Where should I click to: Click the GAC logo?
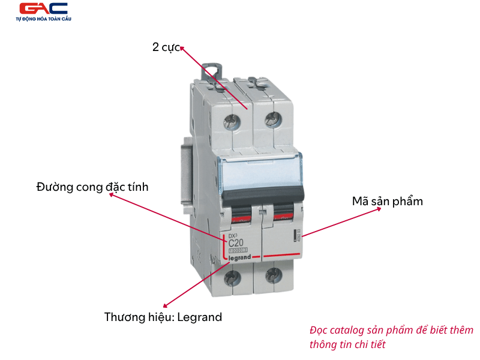(x=43, y=9)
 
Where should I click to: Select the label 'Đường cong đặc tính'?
(x=92, y=187)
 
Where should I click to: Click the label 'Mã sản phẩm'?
(x=387, y=201)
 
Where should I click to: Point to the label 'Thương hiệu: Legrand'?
(x=163, y=317)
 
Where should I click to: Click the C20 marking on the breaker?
(x=236, y=242)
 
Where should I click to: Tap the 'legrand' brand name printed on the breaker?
(x=239, y=257)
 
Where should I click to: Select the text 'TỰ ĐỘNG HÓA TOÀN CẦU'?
(x=43, y=20)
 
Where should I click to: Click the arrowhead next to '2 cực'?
(x=182, y=48)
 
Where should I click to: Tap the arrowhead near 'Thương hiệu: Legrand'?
(x=166, y=305)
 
